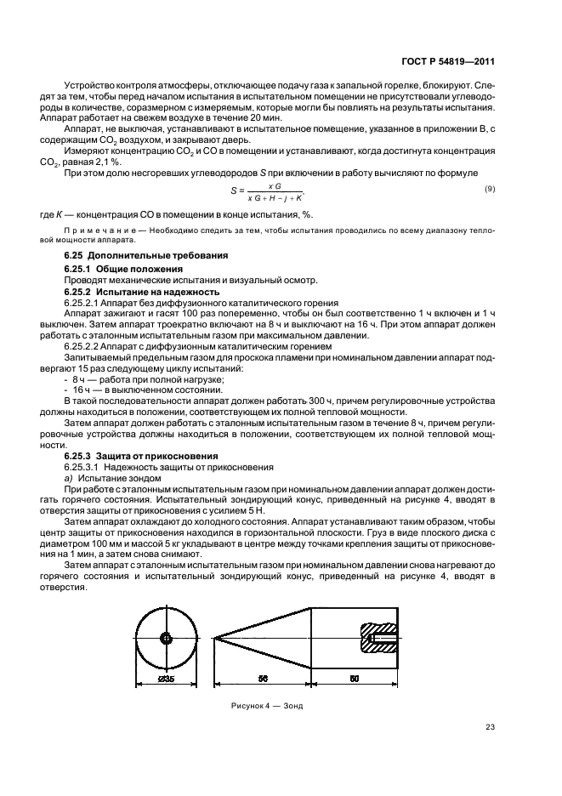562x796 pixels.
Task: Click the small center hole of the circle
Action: coord(167,638)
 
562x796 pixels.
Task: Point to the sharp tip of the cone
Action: coord(214,638)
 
